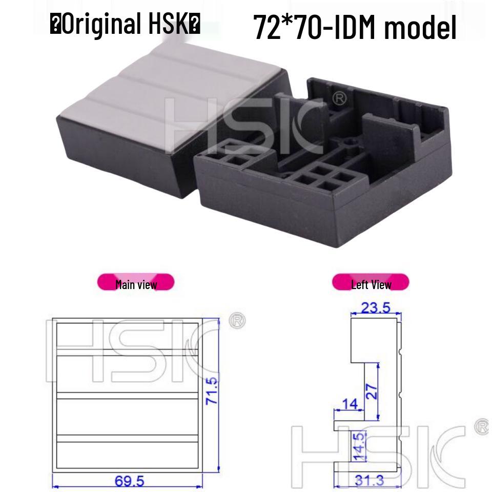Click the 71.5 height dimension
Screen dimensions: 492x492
click(212, 391)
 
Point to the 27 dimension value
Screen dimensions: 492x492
click(372, 392)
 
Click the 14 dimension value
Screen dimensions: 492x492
click(350, 404)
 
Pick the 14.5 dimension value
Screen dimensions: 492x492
click(359, 446)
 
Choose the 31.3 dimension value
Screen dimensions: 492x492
click(369, 480)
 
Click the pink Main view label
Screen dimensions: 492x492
click(136, 283)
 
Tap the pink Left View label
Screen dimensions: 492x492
click(371, 283)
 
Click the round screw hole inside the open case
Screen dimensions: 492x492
click(352, 139)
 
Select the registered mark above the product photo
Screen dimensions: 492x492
click(340, 98)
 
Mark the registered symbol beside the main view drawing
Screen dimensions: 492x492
click(238, 321)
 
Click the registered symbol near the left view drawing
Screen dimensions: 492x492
click(482, 426)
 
